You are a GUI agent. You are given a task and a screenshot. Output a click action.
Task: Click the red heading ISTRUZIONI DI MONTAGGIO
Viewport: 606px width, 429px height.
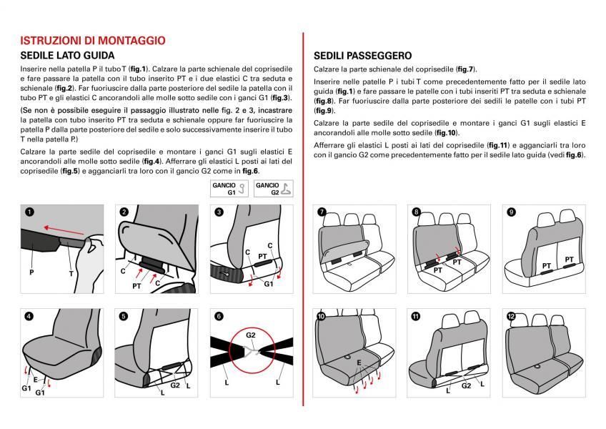click(x=93, y=41)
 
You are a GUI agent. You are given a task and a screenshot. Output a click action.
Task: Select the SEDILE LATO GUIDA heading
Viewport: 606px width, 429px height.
click(x=67, y=55)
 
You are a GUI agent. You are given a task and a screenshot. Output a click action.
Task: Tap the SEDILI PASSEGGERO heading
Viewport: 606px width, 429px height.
click(x=362, y=56)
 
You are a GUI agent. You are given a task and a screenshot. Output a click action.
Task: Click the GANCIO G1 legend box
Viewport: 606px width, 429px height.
click(x=229, y=189)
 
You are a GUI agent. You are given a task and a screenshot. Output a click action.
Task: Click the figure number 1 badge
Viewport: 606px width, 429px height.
click(x=29, y=212)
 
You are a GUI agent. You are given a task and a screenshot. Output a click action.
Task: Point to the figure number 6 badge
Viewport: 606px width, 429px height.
click(x=219, y=316)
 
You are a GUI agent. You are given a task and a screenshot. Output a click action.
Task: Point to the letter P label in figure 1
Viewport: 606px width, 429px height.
click(x=31, y=272)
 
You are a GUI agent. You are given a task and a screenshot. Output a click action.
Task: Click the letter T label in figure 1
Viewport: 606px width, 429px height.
click(x=70, y=272)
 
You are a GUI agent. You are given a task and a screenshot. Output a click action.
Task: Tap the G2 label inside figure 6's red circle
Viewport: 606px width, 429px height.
click(x=251, y=334)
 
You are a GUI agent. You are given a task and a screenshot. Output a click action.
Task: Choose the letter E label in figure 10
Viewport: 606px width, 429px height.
click(x=358, y=363)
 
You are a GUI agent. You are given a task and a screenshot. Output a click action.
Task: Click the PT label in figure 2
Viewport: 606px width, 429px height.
click(x=136, y=285)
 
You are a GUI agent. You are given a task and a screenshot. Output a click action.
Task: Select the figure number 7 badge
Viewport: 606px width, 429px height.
click(x=322, y=212)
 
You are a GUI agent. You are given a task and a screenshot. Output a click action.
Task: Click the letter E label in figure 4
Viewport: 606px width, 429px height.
click(x=35, y=378)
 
